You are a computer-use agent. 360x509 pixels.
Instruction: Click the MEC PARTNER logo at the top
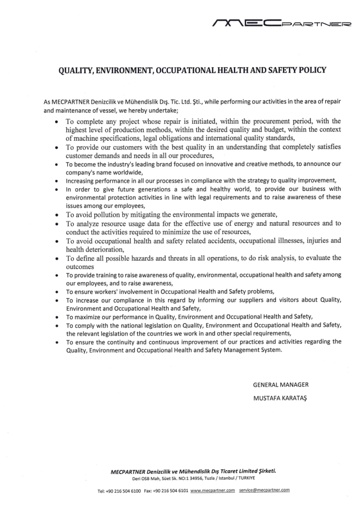pos(281,22)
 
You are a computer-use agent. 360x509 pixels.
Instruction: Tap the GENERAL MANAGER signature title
pos(281,385)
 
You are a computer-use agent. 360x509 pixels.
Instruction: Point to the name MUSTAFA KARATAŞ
pos(281,398)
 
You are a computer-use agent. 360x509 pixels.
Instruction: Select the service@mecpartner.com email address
pos(264,490)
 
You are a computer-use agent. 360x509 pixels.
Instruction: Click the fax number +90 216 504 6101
pos(172,490)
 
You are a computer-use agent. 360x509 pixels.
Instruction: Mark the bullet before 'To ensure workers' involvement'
pos(57,292)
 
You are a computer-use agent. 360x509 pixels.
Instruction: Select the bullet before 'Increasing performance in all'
pos(57,180)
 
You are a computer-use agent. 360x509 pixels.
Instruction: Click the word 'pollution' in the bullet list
pos(103,215)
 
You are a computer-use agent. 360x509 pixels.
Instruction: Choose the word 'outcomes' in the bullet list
pos(81,266)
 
